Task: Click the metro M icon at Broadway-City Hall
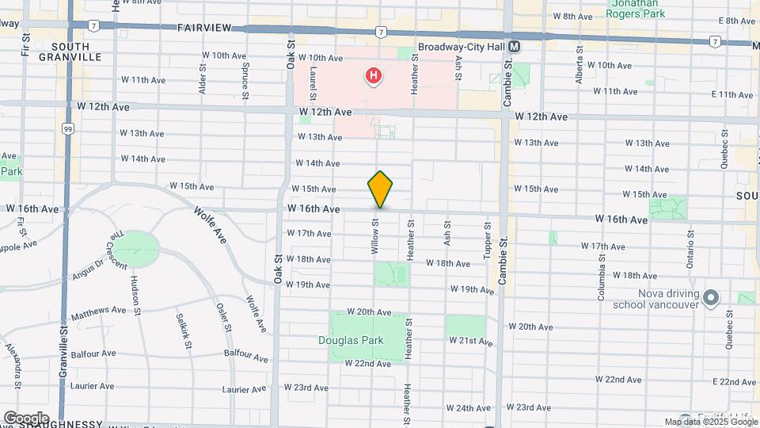tap(515, 48)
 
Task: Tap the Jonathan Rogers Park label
tap(636, 8)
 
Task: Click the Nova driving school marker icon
tap(711, 298)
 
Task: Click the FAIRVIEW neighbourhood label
tap(204, 28)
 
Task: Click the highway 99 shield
tap(68, 128)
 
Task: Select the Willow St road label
tap(375, 237)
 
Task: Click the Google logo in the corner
tap(26, 418)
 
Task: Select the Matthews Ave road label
tap(98, 310)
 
